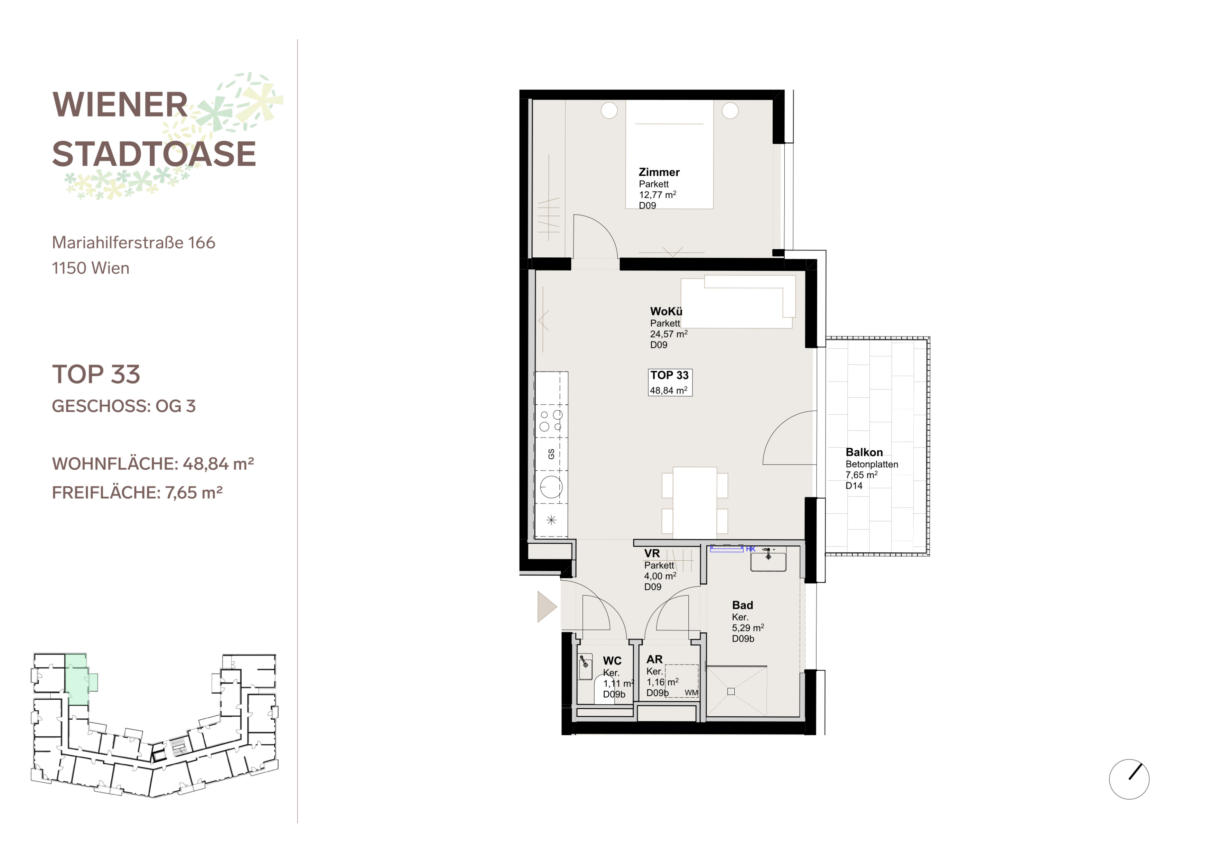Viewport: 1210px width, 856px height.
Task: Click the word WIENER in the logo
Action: [x=120, y=104]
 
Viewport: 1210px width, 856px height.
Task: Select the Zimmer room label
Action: [x=659, y=172]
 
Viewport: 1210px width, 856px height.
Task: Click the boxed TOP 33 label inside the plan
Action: [x=670, y=382]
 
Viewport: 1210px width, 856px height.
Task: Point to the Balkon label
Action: [x=864, y=452]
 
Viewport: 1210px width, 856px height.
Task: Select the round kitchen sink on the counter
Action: [x=551, y=487]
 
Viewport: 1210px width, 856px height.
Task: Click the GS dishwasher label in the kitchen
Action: [x=551, y=454]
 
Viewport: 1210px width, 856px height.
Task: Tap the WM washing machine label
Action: [x=691, y=693]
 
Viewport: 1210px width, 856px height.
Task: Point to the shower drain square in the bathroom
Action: [x=731, y=692]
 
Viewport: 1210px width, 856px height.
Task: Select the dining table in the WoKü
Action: [x=695, y=502]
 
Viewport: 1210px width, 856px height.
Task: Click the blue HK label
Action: [x=751, y=549]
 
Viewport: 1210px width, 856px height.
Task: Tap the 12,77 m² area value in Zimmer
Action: [x=657, y=194]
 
